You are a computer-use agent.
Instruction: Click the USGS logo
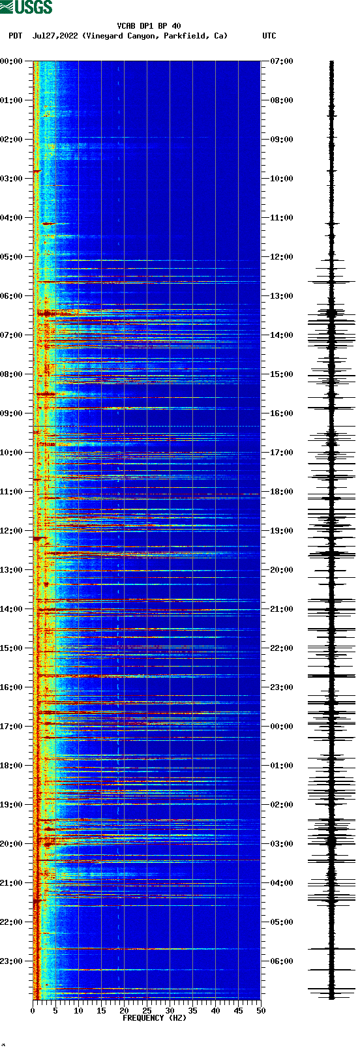[x=26, y=7]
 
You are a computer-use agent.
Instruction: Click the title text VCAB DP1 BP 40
[x=149, y=26]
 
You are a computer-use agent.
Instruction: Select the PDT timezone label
[x=15, y=36]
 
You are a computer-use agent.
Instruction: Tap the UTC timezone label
[x=269, y=36]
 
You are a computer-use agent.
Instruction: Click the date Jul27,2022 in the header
[x=55, y=36]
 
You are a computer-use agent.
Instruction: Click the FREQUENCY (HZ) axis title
[x=155, y=1017]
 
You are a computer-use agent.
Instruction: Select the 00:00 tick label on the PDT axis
[x=11, y=61]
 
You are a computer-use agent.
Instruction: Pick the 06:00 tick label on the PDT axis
[x=11, y=296]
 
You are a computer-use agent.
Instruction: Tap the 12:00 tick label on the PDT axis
[x=11, y=531]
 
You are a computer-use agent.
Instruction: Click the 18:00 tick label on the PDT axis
[x=11, y=766]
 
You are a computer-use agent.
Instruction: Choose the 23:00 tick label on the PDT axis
[x=11, y=961]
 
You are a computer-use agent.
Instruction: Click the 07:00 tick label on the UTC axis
[x=282, y=61]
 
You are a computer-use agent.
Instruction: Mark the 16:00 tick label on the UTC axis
[x=282, y=413]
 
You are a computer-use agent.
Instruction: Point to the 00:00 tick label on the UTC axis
[x=282, y=727]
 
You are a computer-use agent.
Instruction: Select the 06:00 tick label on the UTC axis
[x=282, y=961]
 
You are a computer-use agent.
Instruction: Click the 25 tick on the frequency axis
[x=147, y=1011]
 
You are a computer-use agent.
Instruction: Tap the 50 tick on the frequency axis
[x=261, y=1011]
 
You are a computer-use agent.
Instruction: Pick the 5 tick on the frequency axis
[x=55, y=1011]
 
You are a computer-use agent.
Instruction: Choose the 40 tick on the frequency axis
[x=215, y=1011]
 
